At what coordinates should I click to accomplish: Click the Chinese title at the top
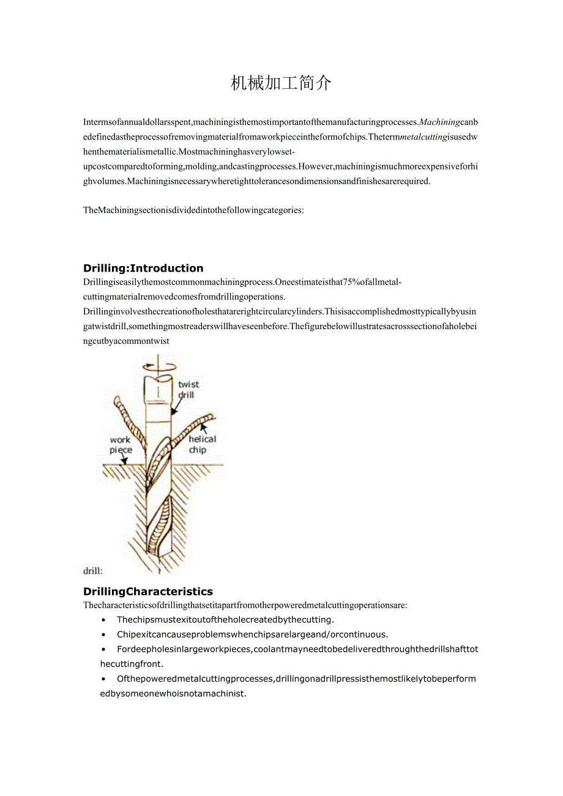[281, 83]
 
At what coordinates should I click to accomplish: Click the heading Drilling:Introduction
[143, 268]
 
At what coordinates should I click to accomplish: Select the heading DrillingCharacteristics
[148, 591]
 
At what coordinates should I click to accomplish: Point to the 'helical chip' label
[201, 444]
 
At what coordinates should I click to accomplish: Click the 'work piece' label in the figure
[121, 445]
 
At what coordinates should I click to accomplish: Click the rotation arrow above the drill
[158, 366]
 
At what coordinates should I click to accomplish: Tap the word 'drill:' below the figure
[93, 571]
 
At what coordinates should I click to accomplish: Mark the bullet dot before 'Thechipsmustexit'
[103, 620]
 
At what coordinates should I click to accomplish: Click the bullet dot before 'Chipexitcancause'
[103, 634]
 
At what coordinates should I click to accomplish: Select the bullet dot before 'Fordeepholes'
[103, 649]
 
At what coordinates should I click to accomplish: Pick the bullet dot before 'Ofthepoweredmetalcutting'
[103, 679]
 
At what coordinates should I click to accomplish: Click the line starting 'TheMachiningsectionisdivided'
[193, 210]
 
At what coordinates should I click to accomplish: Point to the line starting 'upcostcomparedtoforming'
[280, 166]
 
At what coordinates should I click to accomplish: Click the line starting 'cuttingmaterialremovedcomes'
[184, 297]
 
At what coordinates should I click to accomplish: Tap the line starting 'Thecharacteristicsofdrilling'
[245, 605]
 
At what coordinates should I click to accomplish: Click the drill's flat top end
[158, 379]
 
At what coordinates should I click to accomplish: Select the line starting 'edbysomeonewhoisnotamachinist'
[173, 693]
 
